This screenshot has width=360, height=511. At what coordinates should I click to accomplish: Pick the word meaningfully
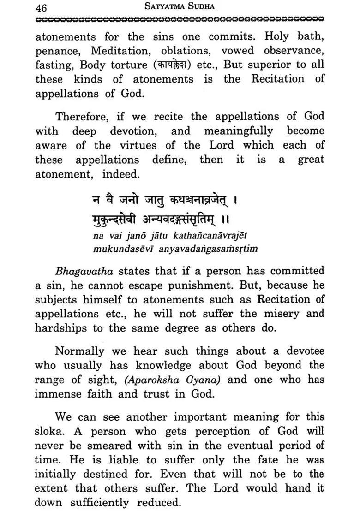point(239,131)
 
